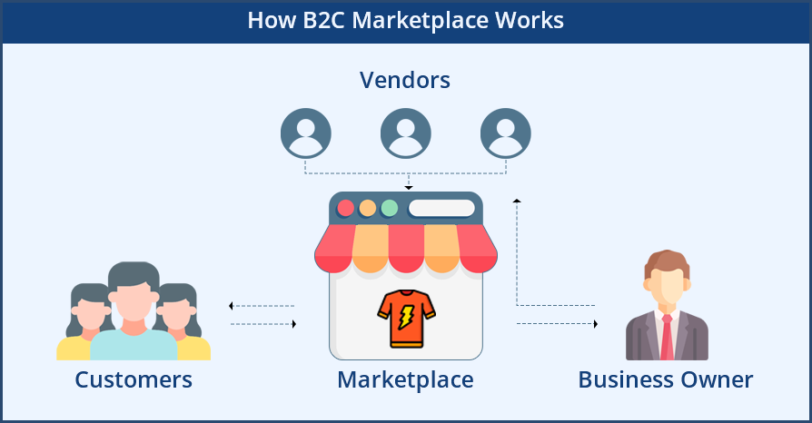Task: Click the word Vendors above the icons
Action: point(405,80)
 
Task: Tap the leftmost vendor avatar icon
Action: point(306,133)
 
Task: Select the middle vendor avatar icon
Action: point(406,133)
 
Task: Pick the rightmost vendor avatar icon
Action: point(506,133)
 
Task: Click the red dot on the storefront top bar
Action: point(345,208)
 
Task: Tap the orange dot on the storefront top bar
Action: point(367,208)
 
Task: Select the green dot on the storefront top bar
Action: point(389,208)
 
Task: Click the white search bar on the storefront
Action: point(441,208)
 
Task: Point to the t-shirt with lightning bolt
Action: point(406,320)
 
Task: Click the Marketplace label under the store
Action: point(405,379)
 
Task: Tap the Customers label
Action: point(134,379)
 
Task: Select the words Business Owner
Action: point(666,379)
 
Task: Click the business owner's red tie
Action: point(667,339)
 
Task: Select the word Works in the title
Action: point(529,21)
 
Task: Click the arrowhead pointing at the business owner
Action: point(595,323)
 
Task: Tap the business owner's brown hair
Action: point(666,261)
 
